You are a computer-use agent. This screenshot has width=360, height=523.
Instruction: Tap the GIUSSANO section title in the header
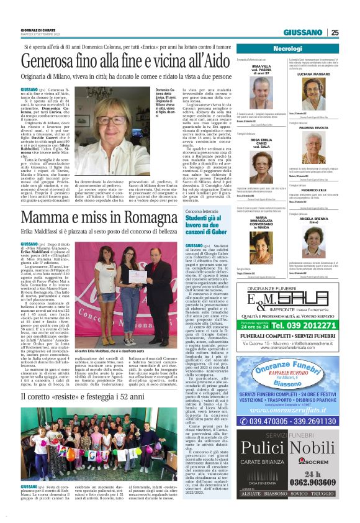[x=305, y=33]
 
